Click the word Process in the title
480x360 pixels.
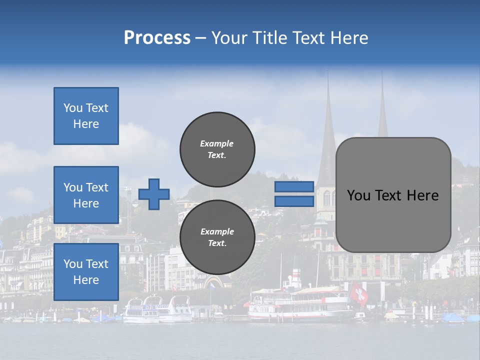point(157,38)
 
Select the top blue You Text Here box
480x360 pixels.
point(86,116)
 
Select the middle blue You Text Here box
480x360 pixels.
point(86,195)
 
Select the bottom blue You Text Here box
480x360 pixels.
point(86,272)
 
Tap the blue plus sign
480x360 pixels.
point(154,193)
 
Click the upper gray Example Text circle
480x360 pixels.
point(217,149)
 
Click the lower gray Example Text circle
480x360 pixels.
point(217,237)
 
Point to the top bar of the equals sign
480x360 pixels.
point(294,187)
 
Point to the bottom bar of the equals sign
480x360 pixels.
point(294,201)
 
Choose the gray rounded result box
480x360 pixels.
point(393,194)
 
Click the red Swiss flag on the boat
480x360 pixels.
point(358,293)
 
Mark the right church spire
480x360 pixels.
point(382,110)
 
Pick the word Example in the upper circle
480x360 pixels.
point(217,143)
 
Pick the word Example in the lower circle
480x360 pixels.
point(217,231)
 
